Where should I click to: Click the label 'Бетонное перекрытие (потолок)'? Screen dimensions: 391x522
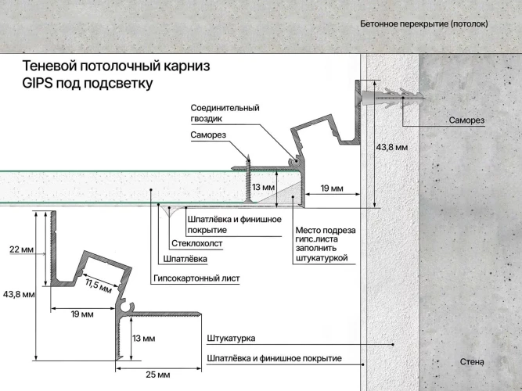(423, 24)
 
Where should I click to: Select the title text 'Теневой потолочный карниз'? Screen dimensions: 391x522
(117, 66)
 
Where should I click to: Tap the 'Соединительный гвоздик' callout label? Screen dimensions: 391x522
(225, 113)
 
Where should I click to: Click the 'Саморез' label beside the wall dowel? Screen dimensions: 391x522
(466, 120)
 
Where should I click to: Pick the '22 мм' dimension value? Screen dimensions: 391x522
(21, 249)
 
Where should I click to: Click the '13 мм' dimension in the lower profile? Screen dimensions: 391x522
(143, 339)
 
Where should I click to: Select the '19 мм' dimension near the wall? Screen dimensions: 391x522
(333, 188)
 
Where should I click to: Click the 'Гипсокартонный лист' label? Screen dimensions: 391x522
(196, 278)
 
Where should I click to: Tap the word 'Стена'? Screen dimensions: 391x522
(472, 362)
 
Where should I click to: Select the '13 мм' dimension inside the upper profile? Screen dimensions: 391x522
(263, 188)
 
